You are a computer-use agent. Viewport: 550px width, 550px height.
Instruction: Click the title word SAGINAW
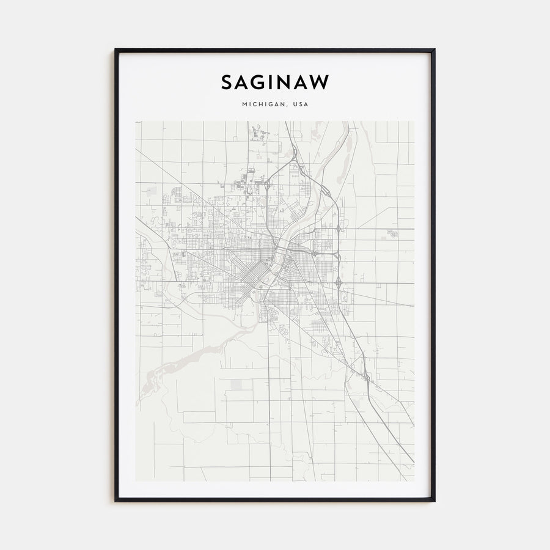tap(275, 82)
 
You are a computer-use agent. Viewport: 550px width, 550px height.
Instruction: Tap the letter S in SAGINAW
tap(227, 82)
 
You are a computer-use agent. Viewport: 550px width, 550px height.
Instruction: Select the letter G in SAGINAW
tap(259, 82)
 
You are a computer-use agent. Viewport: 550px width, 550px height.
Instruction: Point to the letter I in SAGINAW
tap(273, 82)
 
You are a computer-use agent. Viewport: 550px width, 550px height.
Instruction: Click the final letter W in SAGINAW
tap(320, 82)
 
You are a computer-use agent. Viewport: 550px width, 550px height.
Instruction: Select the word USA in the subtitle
tap(301, 105)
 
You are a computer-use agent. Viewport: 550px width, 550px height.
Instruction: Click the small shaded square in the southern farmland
tap(237, 384)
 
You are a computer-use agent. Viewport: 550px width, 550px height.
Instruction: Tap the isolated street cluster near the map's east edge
tap(392, 233)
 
